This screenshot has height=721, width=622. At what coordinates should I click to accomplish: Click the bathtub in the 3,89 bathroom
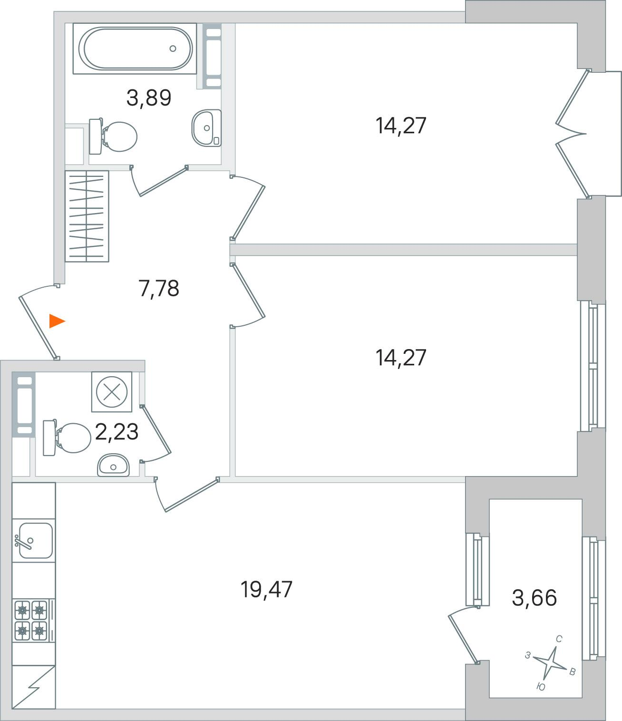click(x=135, y=49)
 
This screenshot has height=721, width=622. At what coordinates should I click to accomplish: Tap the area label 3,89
click(x=149, y=97)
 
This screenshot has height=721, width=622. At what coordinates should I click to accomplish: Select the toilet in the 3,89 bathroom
click(x=113, y=136)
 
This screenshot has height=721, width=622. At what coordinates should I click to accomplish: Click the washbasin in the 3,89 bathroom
click(x=206, y=127)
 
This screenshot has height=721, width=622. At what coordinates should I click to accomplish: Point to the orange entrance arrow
click(x=57, y=321)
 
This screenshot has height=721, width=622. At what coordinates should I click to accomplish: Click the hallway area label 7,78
click(x=159, y=289)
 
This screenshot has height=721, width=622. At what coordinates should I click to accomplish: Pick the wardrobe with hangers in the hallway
click(x=87, y=216)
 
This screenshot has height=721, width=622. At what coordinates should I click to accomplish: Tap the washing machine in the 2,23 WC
click(x=112, y=391)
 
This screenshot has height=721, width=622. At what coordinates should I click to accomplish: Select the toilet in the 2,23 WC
click(x=67, y=438)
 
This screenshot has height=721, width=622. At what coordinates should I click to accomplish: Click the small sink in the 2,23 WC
click(x=113, y=465)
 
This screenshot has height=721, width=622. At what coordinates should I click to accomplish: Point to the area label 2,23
click(x=117, y=432)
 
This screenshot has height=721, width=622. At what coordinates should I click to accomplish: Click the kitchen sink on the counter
click(x=34, y=540)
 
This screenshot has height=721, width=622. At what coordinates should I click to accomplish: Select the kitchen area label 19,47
click(x=266, y=589)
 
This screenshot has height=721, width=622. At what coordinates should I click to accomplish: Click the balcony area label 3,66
click(x=534, y=597)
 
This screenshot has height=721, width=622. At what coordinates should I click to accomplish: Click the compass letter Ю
click(x=541, y=687)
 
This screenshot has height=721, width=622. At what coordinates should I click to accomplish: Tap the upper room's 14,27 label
click(x=401, y=126)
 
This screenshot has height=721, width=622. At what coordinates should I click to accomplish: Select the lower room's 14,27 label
click(x=401, y=358)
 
